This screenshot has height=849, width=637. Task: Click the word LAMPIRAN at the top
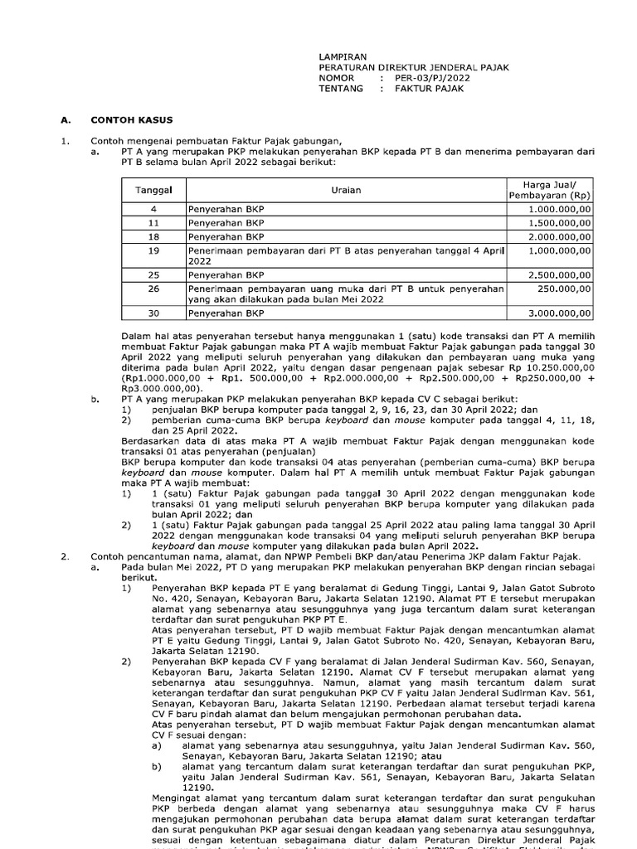point(343,56)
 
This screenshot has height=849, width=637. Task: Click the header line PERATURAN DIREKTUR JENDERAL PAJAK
point(414,67)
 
